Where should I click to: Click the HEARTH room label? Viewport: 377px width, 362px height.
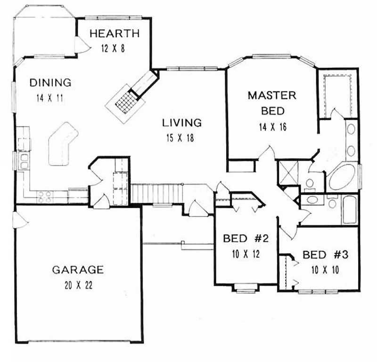coord(114,33)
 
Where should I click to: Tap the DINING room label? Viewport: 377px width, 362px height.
coord(50,83)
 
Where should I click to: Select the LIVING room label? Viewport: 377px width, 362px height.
coord(182,123)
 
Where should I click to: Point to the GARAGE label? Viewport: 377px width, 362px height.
coord(77,270)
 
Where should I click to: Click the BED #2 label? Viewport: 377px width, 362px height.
coord(246,239)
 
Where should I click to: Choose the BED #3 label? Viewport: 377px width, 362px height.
coord(325,255)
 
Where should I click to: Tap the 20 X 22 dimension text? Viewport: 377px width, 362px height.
coord(77,285)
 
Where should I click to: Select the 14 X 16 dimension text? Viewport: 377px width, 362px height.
coord(272,126)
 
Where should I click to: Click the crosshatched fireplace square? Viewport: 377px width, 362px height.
coord(124,101)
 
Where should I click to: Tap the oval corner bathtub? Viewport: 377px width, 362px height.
coord(343,177)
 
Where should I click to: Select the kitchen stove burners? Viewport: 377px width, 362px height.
coord(45,197)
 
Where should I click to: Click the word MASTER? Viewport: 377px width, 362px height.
coord(272,96)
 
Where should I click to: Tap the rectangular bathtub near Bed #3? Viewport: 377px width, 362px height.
coord(350,210)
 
